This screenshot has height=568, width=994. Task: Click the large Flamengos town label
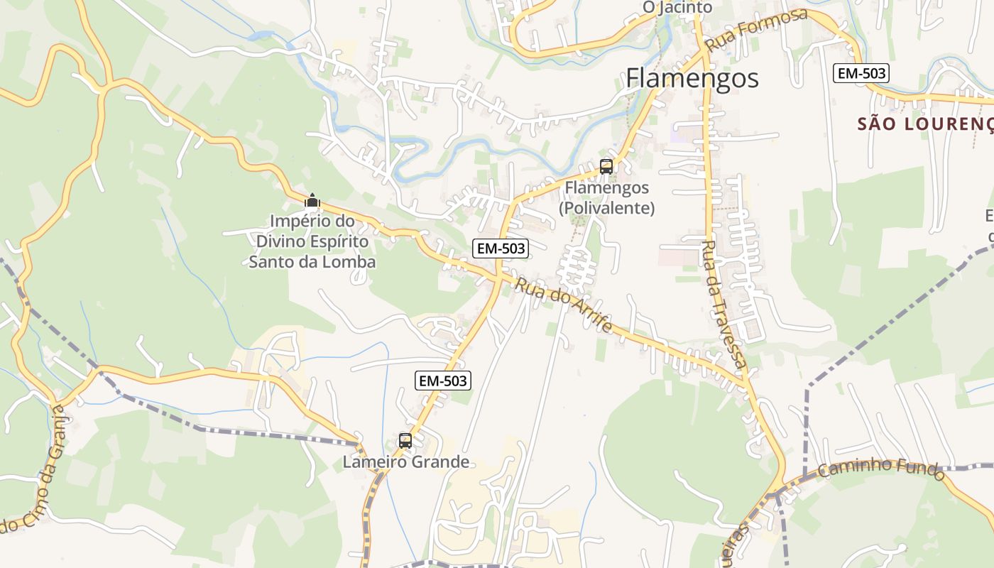tap(692, 79)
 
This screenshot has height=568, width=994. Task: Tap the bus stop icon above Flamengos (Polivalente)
tap(606, 167)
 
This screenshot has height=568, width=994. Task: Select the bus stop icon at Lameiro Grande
tap(405, 441)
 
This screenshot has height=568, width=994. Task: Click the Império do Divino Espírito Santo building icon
tap(312, 201)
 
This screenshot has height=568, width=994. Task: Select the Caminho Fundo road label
tap(881, 469)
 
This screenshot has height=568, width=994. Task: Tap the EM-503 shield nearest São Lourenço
tap(861, 72)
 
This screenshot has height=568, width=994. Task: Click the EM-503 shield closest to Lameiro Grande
tap(442, 381)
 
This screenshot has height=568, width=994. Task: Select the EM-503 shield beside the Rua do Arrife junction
tap(501, 248)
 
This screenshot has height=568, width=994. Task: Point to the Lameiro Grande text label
tap(405, 462)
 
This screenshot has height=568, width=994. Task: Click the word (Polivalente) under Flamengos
tap(606, 209)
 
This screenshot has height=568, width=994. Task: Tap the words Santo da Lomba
tap(312, 262)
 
